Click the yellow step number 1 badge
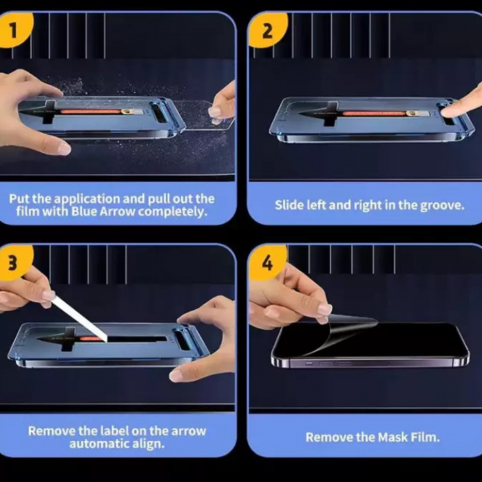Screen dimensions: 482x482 (x=14, y=30)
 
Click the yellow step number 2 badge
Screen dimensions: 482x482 (x=265, y=30)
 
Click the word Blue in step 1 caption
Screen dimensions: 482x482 (x=87, y=211)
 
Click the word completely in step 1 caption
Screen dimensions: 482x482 (x=172, y=211)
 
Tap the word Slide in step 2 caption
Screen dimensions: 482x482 (x=289, y=205)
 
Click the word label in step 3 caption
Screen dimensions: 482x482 (x=107, y=431)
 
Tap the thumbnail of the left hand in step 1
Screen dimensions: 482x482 (x=63, y=148)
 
